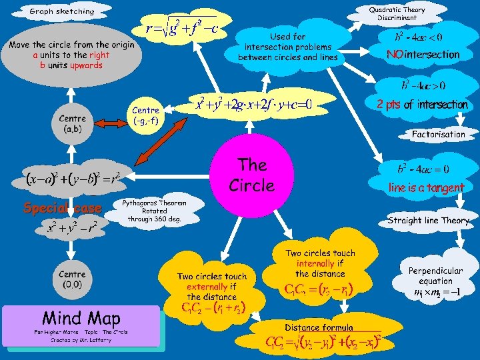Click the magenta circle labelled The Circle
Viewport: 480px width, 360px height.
pyautogui.click(x=252, y=175)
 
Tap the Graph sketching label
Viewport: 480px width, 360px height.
pyautogui.click(x=62, y=11)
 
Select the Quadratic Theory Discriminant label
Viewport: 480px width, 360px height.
pyautogui.click(x=397, y=13)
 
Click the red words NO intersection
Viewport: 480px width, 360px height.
pyautogui.click(x=423, y=55)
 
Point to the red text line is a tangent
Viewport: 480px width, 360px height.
pyautogui.click(x=426, y=188)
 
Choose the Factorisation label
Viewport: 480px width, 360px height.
pyautogui.click(x=438, y=134)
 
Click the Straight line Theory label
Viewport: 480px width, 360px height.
pyautogui.click(x=428, y=220)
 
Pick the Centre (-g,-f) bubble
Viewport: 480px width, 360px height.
pyautogui.click(x=146, y=115)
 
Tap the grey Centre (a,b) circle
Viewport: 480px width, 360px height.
pyautogui.click(x=71, y=124)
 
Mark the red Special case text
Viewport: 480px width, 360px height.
pyautogui.click(x=62, y=208)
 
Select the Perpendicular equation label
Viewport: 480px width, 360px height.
pyautogui.click(x=435, y=276)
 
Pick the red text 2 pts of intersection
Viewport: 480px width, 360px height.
pyautogui.click(x=421, y=105)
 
